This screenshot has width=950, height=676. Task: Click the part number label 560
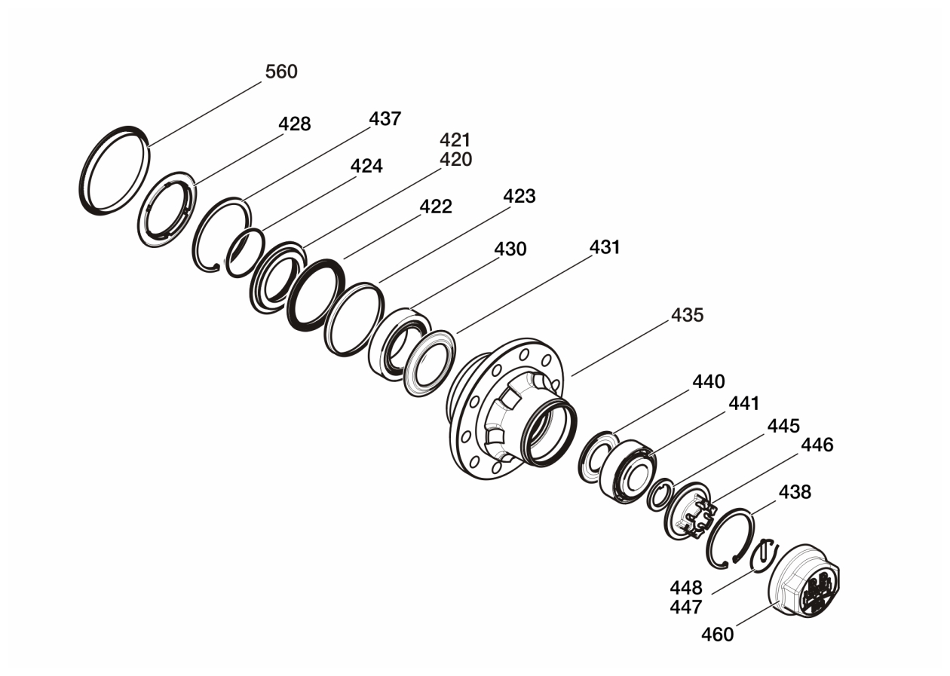[x=281, y=72]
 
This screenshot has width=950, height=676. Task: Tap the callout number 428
[x=294, y=124]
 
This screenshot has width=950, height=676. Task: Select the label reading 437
[x=385, y=119]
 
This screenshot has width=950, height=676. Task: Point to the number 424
[x=366, y=166]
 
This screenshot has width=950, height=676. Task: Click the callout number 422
[x=436, y=206]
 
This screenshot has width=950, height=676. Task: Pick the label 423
[x=519, y=196]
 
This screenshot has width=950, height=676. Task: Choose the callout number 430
[x=510, y=249]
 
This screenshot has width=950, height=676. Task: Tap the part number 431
[x=605, y=247]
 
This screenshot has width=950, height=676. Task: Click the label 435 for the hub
[x=688, y=315]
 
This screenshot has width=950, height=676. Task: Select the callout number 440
[x=709, y=382]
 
